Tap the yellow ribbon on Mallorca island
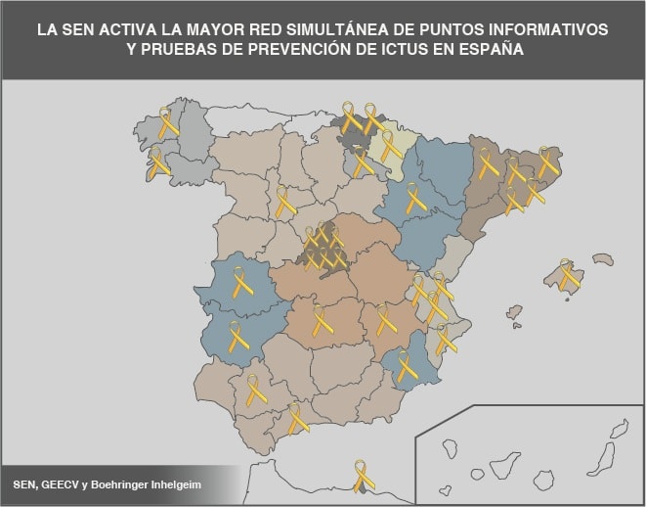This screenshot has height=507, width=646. (x=567, y=275)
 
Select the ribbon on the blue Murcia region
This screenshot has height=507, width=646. (x=405, y=365)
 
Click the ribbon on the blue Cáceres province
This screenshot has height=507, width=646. (x=240, y=283)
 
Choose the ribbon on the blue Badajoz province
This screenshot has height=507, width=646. (x=237, y=336)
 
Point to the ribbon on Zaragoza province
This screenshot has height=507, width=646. (x=415, y=199)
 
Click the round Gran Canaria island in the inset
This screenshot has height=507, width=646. (x=544, y=480)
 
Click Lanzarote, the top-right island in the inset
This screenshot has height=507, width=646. (x=619, y=429)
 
